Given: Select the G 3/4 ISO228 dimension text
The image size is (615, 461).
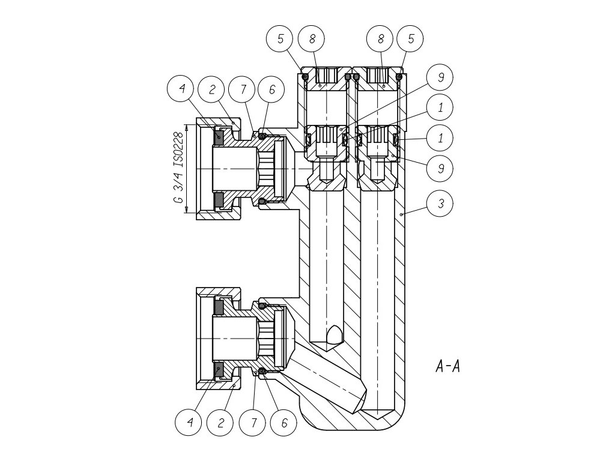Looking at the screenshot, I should [179, 168].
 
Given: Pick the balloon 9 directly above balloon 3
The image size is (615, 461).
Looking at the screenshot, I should [441, 169].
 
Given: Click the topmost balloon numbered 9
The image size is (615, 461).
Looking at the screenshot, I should [441, 77].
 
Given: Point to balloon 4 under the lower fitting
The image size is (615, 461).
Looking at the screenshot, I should [190, 423].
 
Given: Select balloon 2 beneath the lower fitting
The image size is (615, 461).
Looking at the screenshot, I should [221, 423].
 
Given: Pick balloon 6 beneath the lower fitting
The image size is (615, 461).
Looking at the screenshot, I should [284, 423].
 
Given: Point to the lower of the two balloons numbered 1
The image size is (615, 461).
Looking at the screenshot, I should [441, 137].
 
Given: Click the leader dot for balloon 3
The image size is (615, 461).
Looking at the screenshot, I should [399, 214].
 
